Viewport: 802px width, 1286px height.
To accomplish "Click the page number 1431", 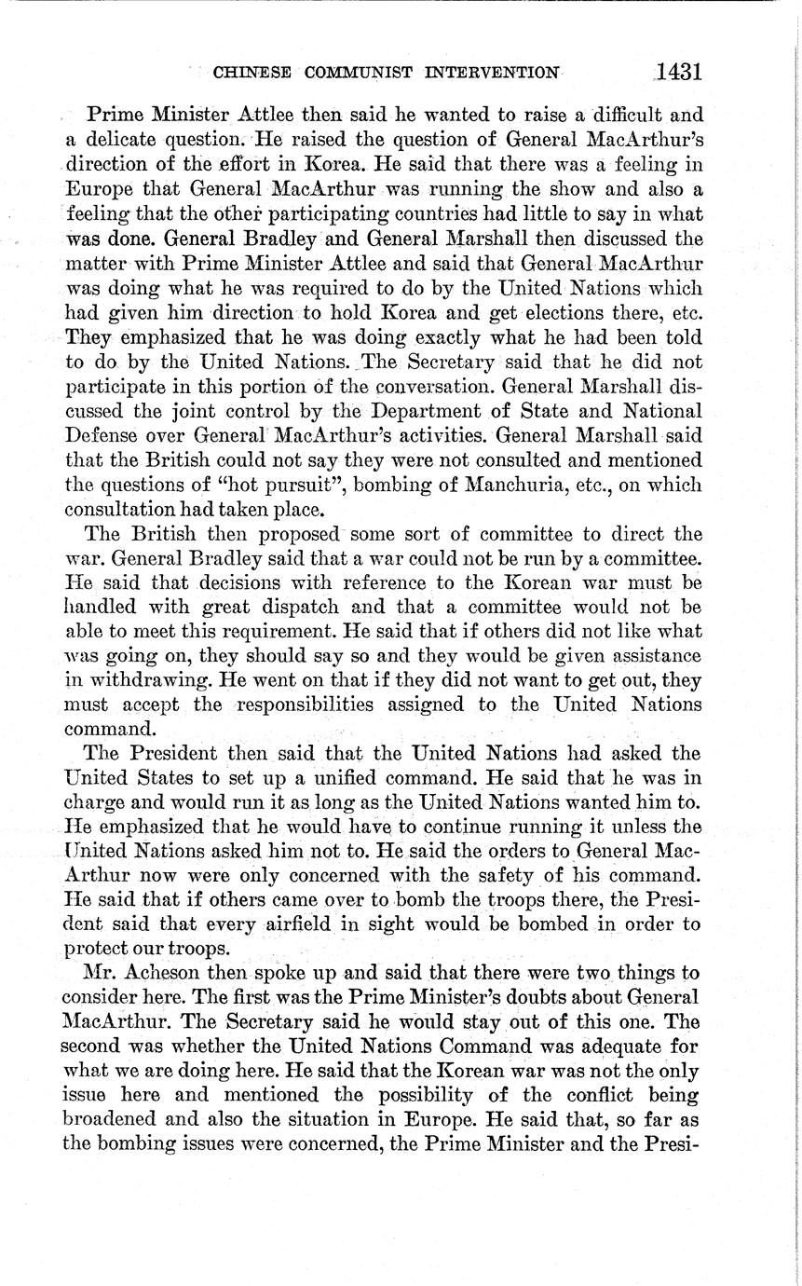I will click(677, 72).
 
